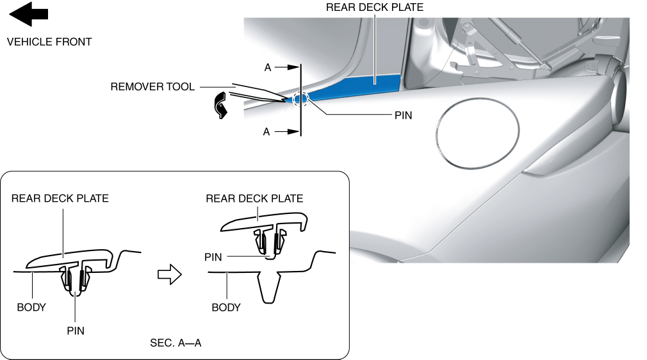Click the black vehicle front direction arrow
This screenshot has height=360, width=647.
pos(29,13)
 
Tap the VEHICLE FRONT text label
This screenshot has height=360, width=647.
pos(49,42)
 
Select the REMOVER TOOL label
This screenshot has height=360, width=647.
pos(152,86)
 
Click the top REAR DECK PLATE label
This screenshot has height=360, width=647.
pos(375,8)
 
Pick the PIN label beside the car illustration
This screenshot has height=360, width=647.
pos(403,116)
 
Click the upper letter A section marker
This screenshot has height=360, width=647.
pos(268,67)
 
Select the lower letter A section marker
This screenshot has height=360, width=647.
pos(268,131)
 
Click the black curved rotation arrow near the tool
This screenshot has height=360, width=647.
pos(221,105)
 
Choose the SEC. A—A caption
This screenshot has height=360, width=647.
pos(176,343)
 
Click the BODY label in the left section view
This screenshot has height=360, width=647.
pos(31,307)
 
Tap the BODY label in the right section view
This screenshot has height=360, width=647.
pos(226,307)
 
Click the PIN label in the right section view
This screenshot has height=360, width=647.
pos(213,257)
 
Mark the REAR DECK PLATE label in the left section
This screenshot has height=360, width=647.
pos(60,199)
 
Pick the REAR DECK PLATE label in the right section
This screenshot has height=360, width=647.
pos(254,199)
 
